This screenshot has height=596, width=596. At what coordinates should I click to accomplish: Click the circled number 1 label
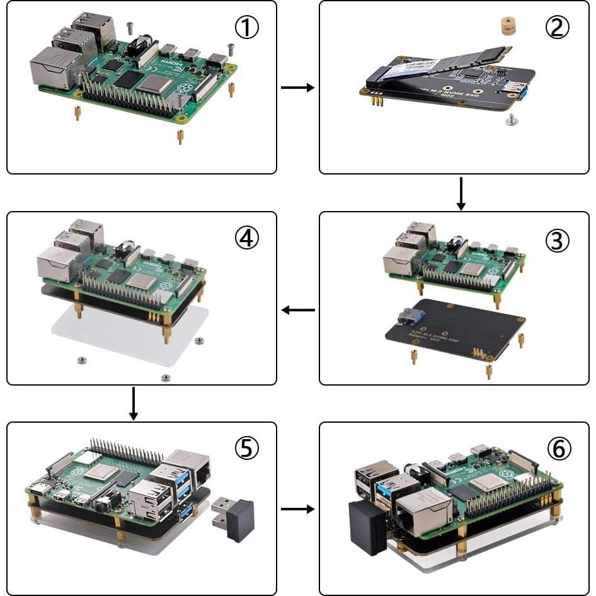click(247, 27)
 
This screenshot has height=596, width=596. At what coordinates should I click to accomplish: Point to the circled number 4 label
click(247, 238)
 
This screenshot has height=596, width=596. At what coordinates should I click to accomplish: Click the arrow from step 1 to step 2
click(297, 88)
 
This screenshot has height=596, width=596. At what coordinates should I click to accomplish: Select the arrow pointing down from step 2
click(461, 193)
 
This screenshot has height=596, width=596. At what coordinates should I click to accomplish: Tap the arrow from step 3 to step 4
click(297, 310)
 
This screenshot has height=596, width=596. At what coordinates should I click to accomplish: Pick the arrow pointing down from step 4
click(133, 403)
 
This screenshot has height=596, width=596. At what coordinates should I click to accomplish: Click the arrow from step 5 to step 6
click(297, 508)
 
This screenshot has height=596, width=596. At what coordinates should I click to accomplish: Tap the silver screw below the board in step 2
click(512, 118)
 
